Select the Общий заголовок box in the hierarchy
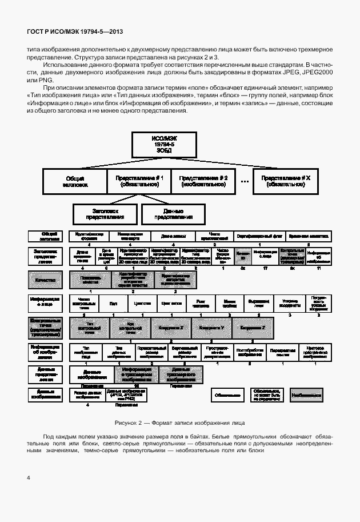[75, 181]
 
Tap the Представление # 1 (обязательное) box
[139, 181]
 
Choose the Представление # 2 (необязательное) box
[204, 181]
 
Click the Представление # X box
[286, 181]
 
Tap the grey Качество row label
[45, 280]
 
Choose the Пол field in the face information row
[113, 303]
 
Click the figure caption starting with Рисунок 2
[179, 423]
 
